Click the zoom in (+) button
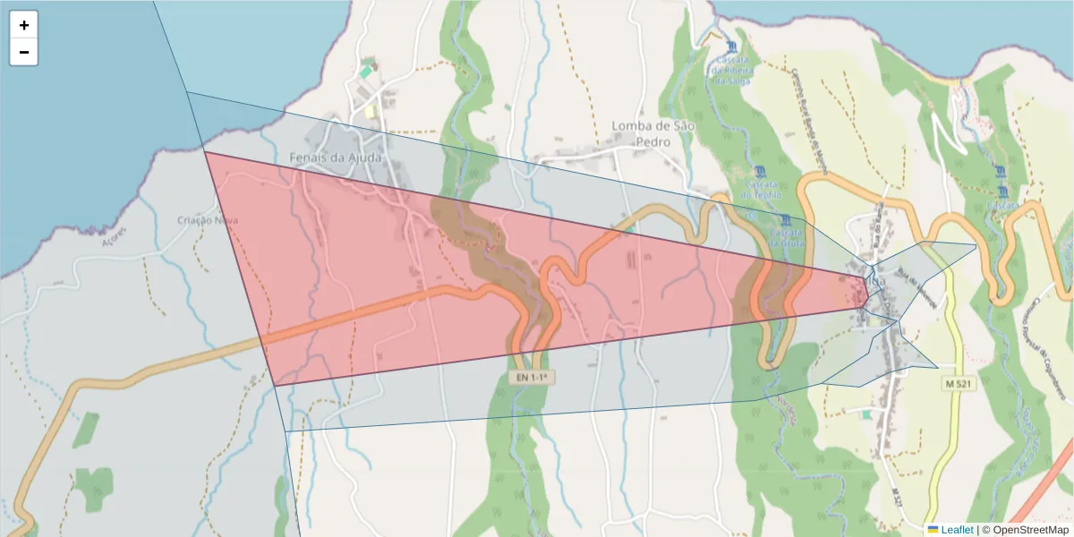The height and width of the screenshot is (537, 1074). pyautogui.click(x=24, y=25)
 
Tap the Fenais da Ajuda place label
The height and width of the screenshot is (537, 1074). pyautogui.click(x=336, y=158)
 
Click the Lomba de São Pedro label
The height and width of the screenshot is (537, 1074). pyautogui.click(x=653, y=133)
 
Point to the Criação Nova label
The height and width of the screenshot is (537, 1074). pyautogui.click(x=207, y=220)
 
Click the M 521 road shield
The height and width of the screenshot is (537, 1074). pyautogui.click(x=959, y=383)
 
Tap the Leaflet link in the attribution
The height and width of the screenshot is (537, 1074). pyautogui.click(x=957, y=530)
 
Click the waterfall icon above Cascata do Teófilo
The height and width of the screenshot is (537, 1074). pyautogui.click(x=761, y=171)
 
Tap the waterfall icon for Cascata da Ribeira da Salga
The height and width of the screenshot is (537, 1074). pyautogui.click(x=733, y=47)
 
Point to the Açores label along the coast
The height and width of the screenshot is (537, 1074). pyautogui.click(x=116, y=237)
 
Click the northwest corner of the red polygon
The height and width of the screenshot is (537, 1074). pyautogui.click(x=205, y=152)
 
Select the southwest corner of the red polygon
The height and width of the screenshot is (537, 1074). pyautogui.click(x=274, y=386)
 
